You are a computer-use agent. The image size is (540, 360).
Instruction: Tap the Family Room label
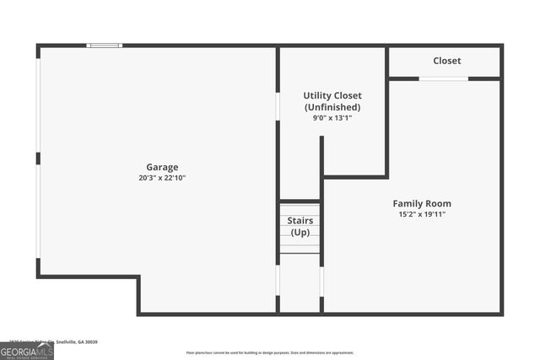click(422, 203)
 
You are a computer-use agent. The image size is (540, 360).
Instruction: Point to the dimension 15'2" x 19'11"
click(422, 214)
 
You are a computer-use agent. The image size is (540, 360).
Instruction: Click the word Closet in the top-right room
click(446, 61)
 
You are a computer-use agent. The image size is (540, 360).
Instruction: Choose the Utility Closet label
click(332, 95)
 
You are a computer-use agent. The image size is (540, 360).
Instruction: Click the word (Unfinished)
click(332, 107)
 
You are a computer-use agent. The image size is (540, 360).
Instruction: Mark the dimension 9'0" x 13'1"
click(332, 118)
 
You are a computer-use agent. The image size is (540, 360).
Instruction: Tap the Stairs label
click(300, 221)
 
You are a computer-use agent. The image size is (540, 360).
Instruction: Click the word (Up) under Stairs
click(300, 232)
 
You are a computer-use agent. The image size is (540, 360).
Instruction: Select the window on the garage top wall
click(105, 46)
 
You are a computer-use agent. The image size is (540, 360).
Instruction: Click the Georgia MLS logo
click(26, 352)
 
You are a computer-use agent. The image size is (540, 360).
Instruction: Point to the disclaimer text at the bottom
click(270, 352)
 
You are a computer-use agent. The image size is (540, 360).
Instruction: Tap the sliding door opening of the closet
click(444, 78)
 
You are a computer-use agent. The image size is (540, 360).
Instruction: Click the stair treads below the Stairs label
click(300, 245)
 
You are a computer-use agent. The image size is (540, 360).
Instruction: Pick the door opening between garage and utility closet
click(278, 105)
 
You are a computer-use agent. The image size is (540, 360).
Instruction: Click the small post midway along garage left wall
click(38, 159)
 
